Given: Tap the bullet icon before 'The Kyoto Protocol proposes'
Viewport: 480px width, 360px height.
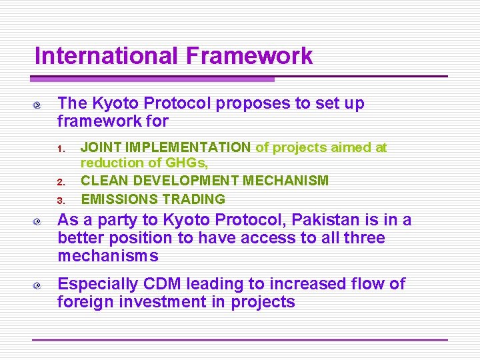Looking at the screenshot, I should [x=41, y=105].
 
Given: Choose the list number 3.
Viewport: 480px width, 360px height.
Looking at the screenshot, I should [x=59, y=200].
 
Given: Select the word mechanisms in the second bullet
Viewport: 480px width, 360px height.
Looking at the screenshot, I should [x=108, y=256].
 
